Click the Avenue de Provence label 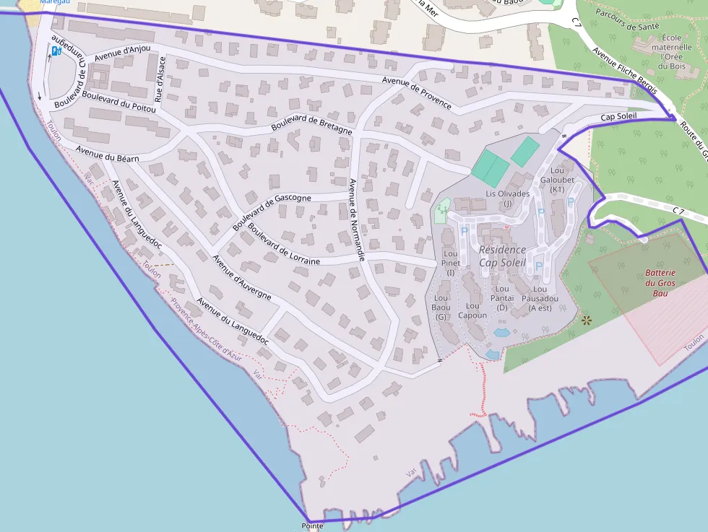(417, 93)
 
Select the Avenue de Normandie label (357, 219)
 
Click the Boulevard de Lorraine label (283, 244)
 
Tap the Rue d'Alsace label (160, 79)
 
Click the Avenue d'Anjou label (122, 53)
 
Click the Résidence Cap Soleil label (502, 256)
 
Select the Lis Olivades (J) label (508, 199)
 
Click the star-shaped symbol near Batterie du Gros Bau (586, 320)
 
